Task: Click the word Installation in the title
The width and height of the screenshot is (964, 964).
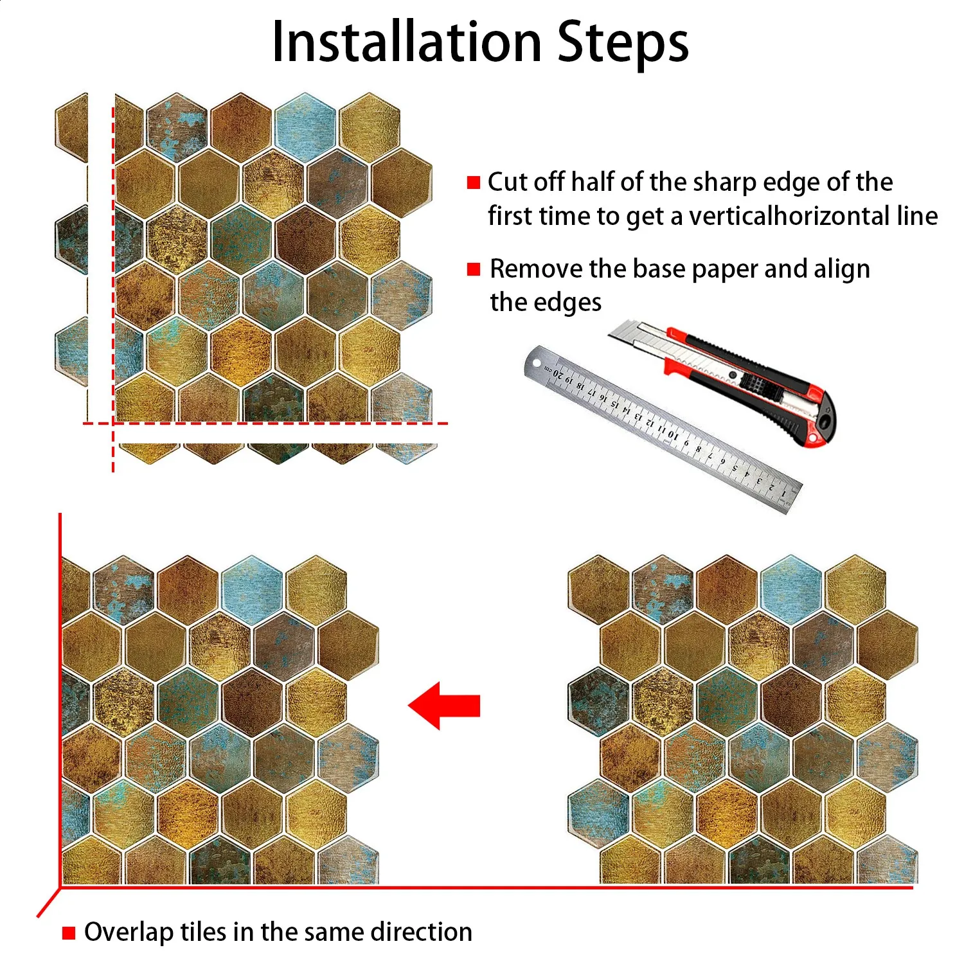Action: [x=407, y=42]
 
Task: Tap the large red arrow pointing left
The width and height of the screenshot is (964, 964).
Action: [x=444, y=706]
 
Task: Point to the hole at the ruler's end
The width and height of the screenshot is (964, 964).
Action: [x=535, y=364]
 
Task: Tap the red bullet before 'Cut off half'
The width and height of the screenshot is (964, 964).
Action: [x=474, y=183]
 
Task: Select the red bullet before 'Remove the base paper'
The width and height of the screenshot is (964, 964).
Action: [x=474, y=269]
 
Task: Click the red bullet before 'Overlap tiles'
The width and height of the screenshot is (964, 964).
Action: [x=69, y=933]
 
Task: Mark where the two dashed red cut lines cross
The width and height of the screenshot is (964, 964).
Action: [x=113, y=423]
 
